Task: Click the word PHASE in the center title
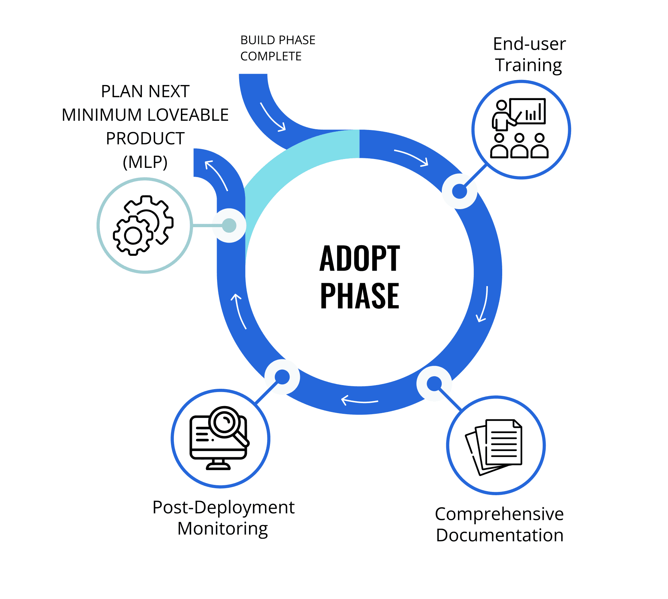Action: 359,296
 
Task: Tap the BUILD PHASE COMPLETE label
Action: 277,48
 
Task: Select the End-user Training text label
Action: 529,54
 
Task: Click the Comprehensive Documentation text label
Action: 499,524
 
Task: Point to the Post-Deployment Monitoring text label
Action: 223,518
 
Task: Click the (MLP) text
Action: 145,162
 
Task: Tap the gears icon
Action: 143,225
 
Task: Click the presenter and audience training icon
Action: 520,128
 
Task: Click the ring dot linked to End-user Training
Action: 459,191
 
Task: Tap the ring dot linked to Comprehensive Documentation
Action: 434,384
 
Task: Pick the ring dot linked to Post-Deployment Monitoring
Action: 282,377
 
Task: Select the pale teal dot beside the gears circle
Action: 229,225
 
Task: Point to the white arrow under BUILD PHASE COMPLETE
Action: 273,117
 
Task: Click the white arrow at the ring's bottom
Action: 359,400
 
